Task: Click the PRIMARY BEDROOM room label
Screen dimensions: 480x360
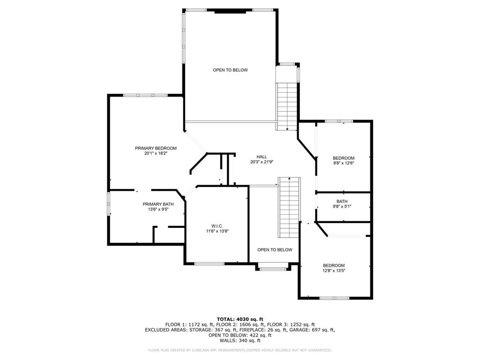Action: tap(156, 148)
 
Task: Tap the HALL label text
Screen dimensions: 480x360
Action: tap(262, 157)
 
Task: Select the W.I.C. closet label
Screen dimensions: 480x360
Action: tap(217, 226)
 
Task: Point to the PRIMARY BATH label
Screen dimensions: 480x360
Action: tap(158, 204)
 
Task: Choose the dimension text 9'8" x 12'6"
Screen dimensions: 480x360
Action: tap(344, 163)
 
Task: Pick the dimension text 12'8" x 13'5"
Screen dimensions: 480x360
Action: tap(334, 270)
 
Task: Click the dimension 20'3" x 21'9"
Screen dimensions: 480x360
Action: tap(262, 162)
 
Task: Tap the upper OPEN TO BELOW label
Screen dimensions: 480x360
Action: tap(230, 70)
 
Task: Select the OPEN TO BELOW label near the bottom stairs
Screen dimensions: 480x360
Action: tap(275, 250)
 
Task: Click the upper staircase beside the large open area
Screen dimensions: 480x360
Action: tap(287, 106)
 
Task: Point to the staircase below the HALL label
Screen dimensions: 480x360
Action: tap(289, 207)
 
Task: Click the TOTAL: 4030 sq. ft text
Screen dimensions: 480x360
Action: tap(240, 319)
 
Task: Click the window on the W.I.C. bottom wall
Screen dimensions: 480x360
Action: tap(210, 263)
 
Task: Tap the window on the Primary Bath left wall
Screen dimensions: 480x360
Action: tap(108, 203)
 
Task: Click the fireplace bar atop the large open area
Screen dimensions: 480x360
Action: tap(230, 12)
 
